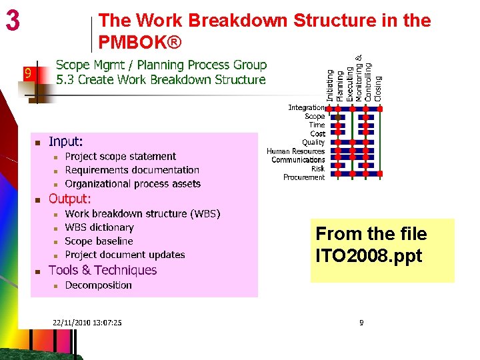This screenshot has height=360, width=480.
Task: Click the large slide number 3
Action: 13,21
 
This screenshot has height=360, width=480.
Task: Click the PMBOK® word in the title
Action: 139,43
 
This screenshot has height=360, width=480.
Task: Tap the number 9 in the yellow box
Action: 28,74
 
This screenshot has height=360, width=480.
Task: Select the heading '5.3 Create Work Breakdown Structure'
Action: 161,80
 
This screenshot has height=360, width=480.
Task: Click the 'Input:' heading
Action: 66,142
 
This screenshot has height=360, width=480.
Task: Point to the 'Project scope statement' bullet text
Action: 121,157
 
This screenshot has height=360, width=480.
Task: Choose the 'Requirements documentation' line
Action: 132,170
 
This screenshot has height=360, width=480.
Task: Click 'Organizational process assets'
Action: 133,184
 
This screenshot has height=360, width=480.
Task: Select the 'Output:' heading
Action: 70,199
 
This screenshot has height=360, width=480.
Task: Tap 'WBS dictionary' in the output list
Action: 99,227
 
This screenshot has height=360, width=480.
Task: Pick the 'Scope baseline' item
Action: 99,241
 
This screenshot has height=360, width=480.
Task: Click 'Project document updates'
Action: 125,255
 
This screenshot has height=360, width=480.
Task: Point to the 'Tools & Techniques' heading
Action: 103,270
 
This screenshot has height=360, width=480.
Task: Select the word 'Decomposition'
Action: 98,285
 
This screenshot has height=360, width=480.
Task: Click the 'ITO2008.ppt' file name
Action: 369,256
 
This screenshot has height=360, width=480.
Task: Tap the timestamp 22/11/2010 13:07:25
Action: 87,323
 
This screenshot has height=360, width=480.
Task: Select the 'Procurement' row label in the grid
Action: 304,177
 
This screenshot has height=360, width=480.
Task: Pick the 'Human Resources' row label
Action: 296,151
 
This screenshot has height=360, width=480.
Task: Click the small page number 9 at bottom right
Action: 361,323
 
